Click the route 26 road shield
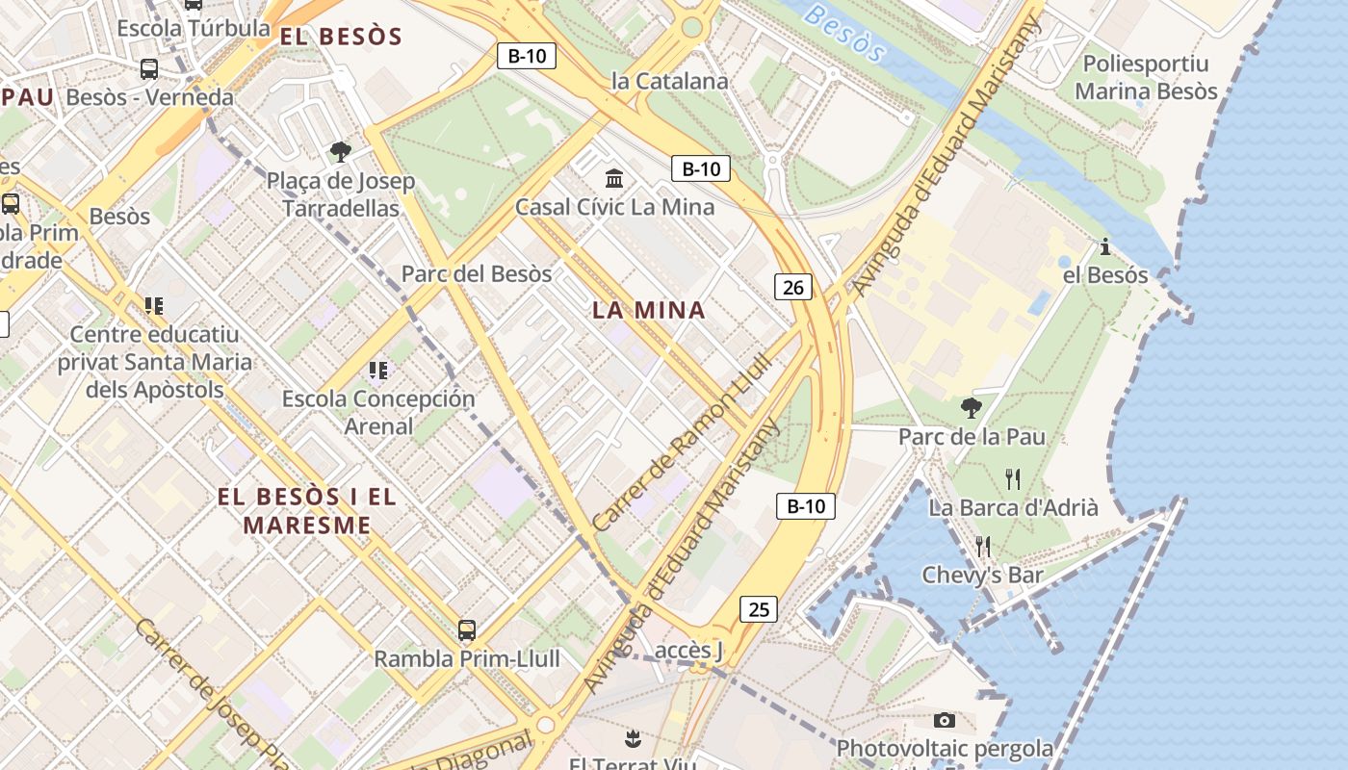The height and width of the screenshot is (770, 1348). click(x=793, y=286)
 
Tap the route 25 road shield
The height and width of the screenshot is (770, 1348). click(x=759, y=608)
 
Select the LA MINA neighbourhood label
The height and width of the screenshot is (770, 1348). click(x=649, y=310)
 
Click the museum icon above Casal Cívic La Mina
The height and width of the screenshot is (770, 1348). click(x=614, y=178)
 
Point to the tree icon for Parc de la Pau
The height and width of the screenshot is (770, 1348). click(x=972, y=408)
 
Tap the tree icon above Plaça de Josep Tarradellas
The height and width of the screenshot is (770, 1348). click(x=340, y=151)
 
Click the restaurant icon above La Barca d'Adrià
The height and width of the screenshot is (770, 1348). click(x=1012, y=478)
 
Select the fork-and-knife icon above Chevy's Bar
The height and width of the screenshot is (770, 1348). click(x=982, y=546)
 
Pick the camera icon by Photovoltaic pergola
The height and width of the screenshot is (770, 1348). click(x=945, y=720)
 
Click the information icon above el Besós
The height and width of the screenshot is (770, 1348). click(x=1105, y=246)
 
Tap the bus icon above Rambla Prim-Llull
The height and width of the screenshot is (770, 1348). click(x=466, y=630)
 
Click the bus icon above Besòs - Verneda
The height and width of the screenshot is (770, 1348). click(x=149, y=69)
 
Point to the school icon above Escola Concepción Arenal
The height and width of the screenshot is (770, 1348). click(x=378, y=370)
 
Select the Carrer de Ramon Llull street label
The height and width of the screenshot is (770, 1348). click(x=682, y=442)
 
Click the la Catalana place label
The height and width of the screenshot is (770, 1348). click(x=670, y=82)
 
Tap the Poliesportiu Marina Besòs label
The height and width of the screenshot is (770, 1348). click(x=1146, y=78)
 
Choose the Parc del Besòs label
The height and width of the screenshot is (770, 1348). click(x=477, y=273)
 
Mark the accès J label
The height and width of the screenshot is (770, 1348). click(x=688, y=651)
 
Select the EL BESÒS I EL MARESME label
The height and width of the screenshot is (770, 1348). click(x=307, y=511)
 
